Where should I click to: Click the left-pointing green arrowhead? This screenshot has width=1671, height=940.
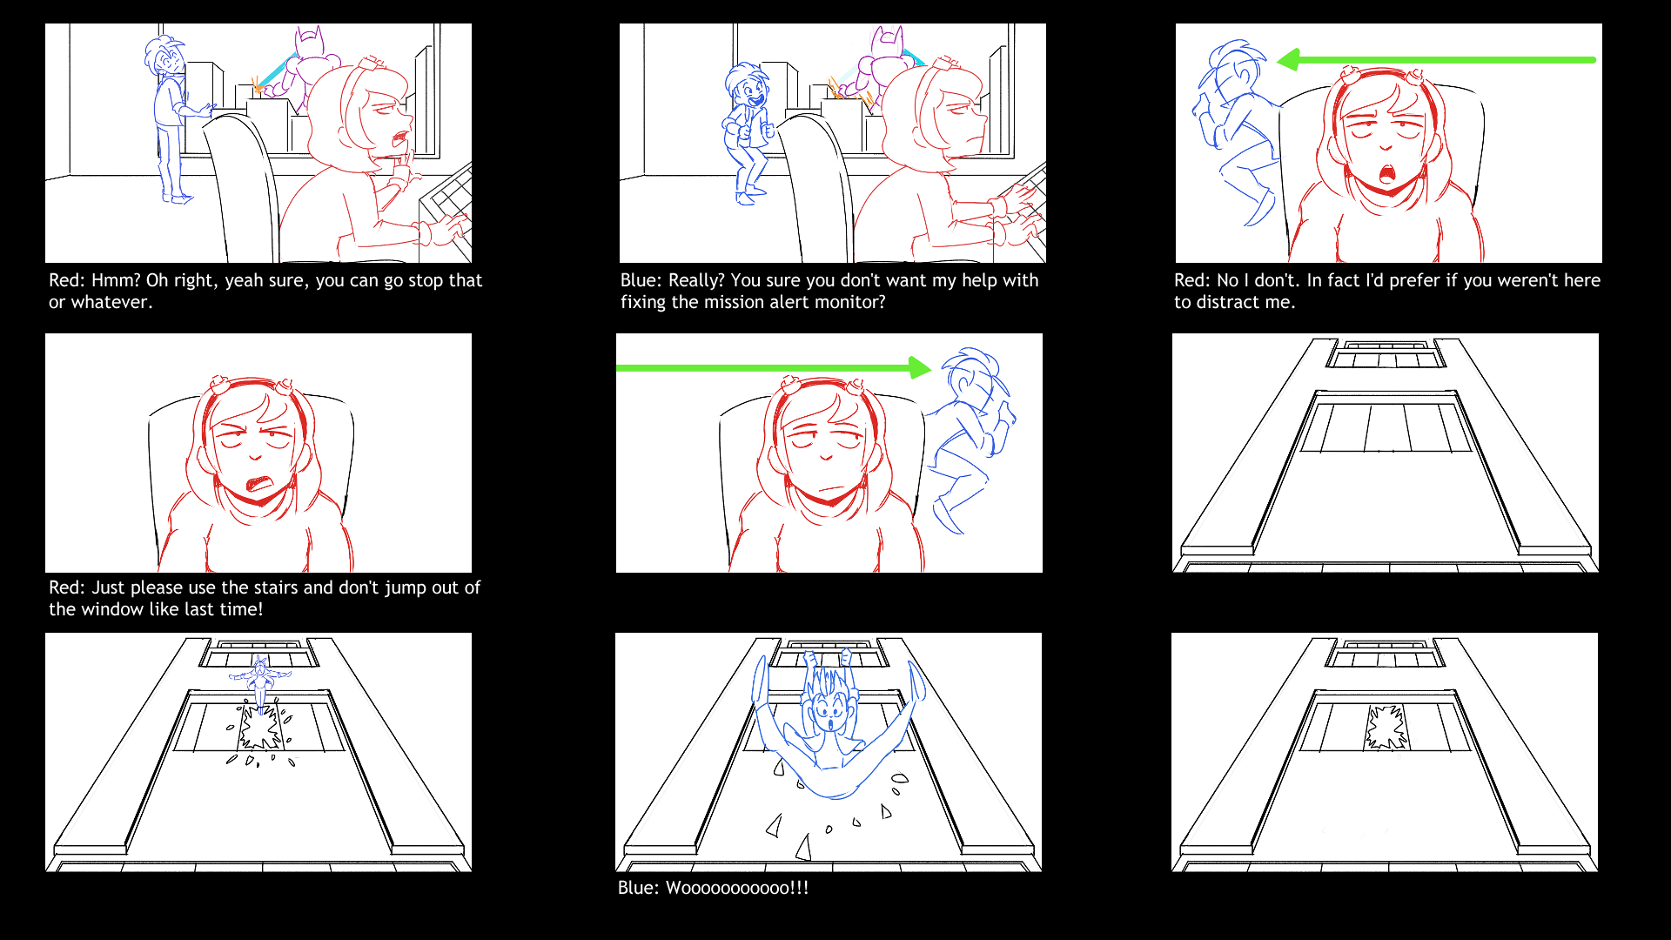(1288, 60)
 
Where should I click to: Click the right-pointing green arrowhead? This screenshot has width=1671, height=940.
(920, 367)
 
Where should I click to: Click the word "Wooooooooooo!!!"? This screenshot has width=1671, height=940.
(737, 888)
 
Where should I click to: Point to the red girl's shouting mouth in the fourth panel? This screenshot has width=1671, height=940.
(261, 483)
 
